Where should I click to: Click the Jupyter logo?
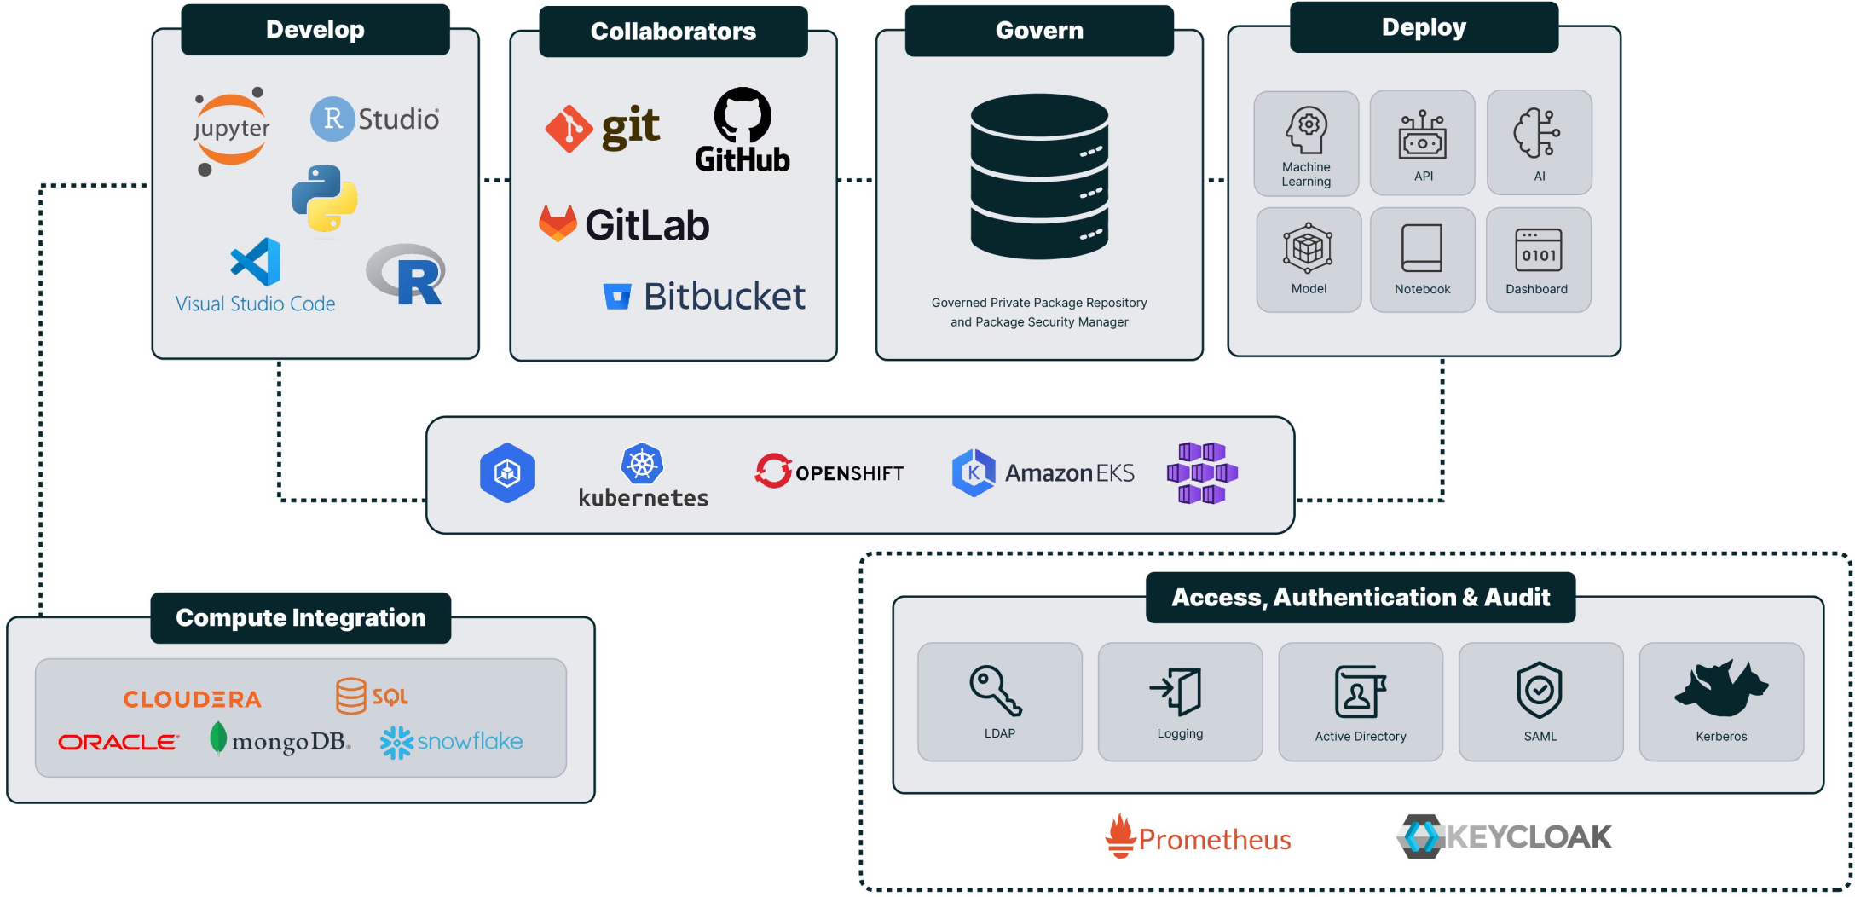[231, 130]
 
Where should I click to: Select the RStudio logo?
[375, 119]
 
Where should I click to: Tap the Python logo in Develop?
[324, 198]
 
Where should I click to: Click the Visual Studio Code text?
[255, 304]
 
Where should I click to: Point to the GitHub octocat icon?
[743, 115]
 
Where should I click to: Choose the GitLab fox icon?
[558, 223]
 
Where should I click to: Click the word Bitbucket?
[724, 297]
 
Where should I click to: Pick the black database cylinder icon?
[1039, 176]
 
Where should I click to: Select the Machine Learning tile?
[1306, 143]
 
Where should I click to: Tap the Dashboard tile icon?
[1538, 249]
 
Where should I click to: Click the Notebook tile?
[1422, 260]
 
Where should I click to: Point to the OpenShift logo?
[829, 472]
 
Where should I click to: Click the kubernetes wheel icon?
[642, 464]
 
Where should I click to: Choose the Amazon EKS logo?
[1043, 472]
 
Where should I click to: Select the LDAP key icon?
[995, 690]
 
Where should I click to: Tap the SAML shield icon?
[1539, 689]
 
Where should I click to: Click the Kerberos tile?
[1720, 702]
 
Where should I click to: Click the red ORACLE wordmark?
[118, 743]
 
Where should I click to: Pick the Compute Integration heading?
[300, 618]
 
